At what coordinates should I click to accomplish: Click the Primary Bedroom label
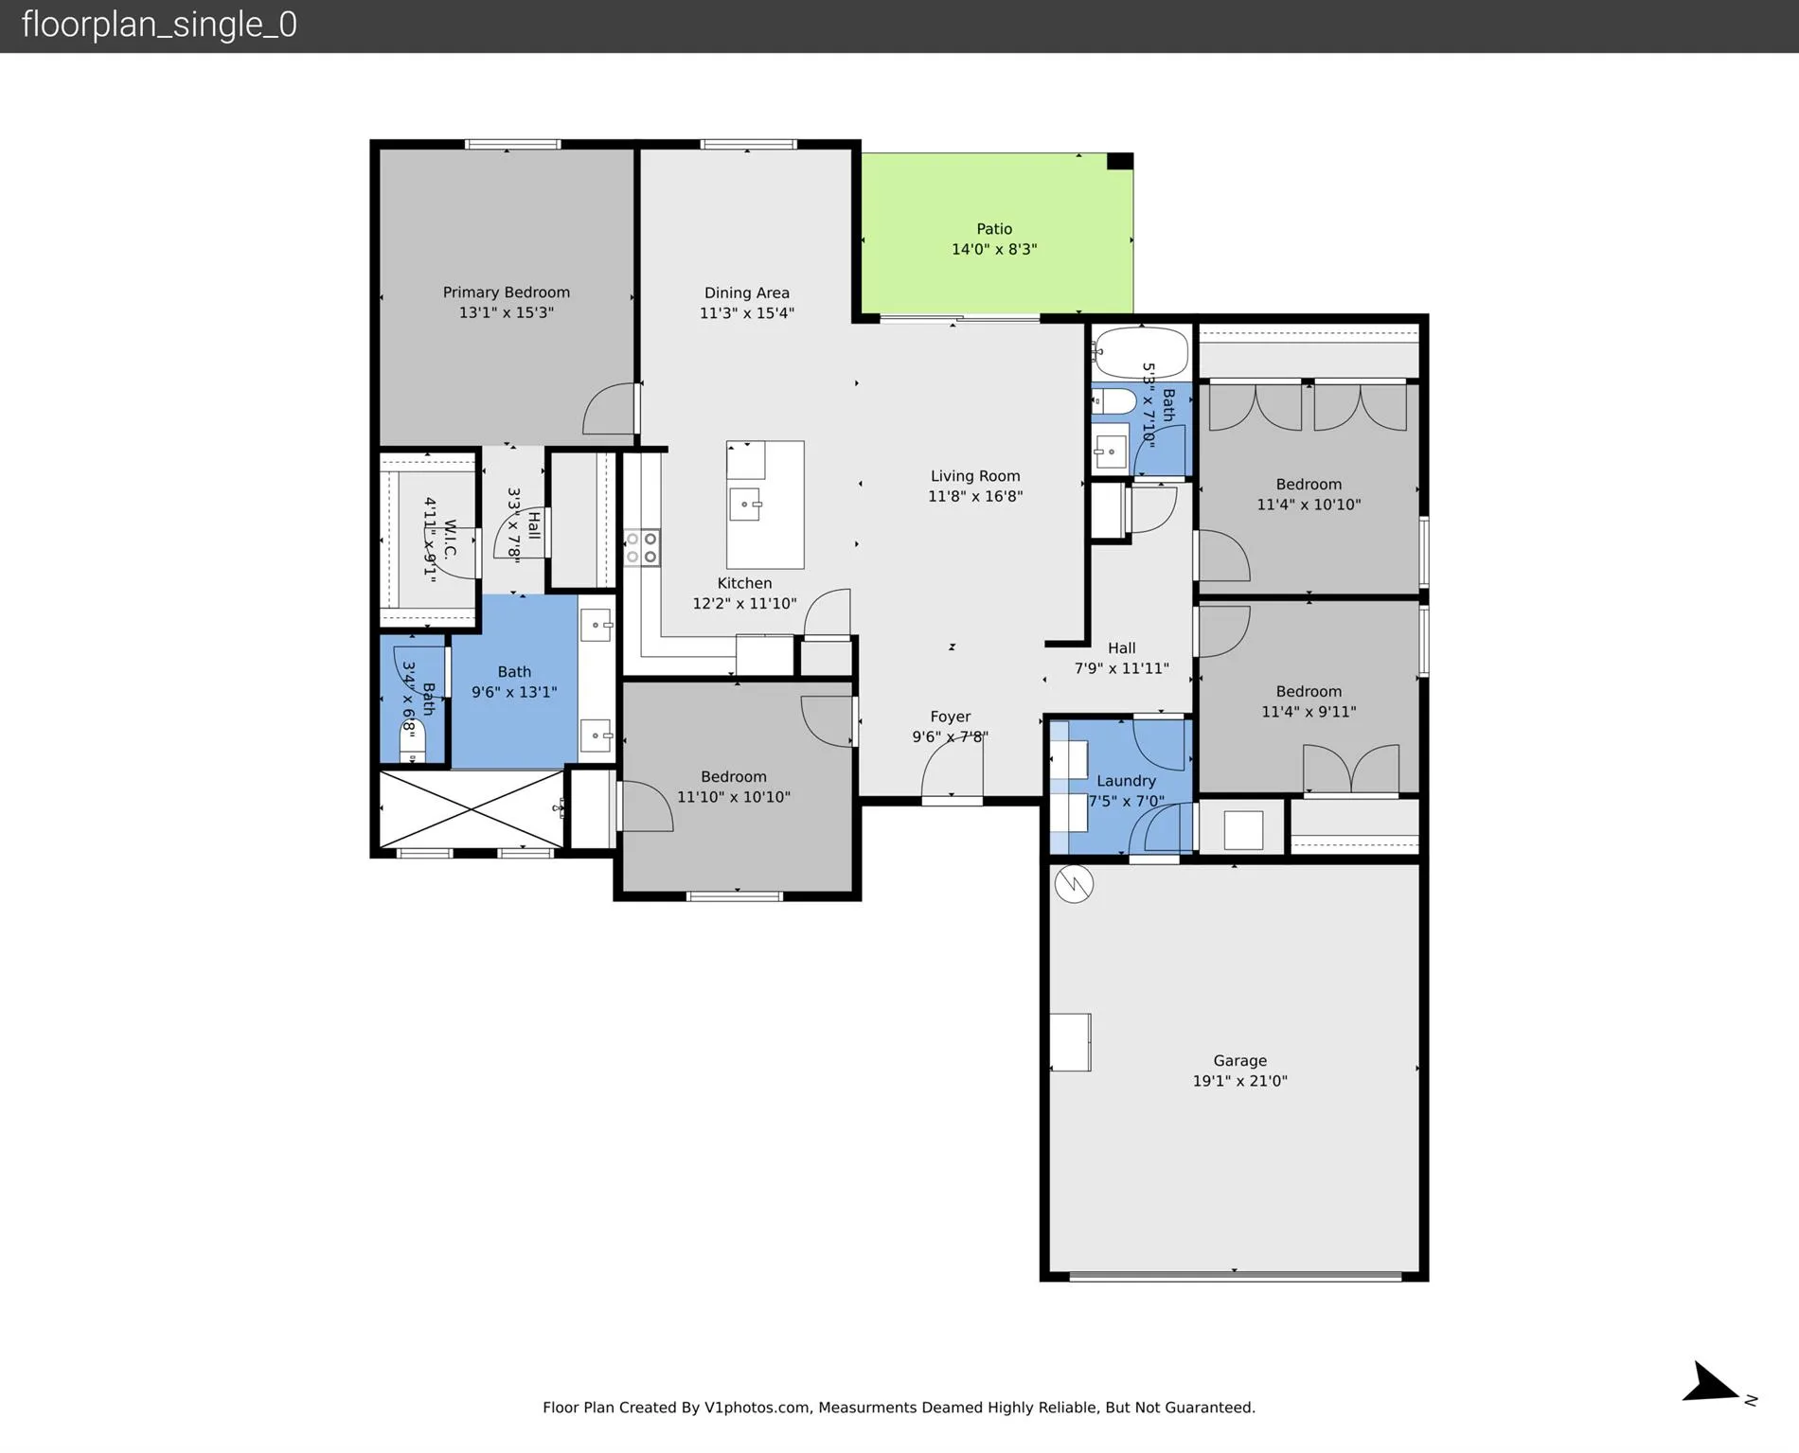507,292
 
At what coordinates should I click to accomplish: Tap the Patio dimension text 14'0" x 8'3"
994,250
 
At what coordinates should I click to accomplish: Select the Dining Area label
746,293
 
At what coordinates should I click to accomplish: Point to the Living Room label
975,476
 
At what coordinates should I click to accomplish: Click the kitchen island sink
745,504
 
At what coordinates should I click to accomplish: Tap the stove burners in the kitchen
642,548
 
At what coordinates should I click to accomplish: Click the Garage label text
1239,1061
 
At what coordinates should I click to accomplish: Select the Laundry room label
1126,781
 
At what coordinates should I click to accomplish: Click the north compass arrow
1711,1409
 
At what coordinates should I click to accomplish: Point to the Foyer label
950,718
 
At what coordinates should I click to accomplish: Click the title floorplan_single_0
159,25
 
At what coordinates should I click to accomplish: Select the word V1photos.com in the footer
757,1408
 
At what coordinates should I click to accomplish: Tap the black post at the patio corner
1120,162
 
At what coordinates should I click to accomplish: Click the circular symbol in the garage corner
1074,884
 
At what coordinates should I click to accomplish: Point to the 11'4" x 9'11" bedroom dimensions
1309,712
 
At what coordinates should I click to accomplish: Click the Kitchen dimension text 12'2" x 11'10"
744,604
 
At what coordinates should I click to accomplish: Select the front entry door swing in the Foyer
952,767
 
